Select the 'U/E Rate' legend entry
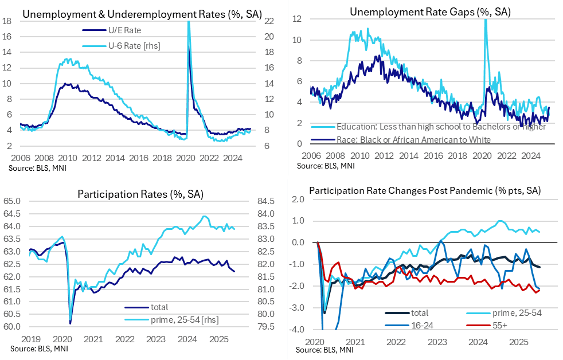124,30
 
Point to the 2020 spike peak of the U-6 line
189,23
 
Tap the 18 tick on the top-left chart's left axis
7,21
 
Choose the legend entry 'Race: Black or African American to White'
398,139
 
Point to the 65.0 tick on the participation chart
12,201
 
